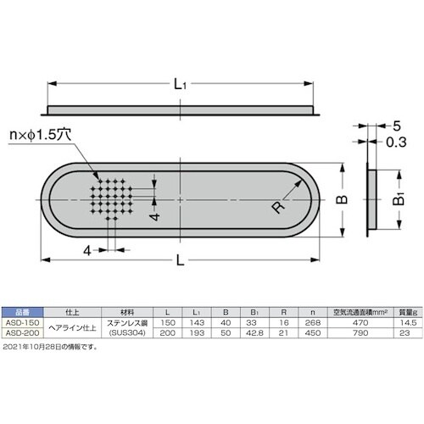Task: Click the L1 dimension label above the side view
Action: point(180,84)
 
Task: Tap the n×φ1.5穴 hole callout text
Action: point(40,135)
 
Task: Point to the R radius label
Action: point(278,207)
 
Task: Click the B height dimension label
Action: point(343,199)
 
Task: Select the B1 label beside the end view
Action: point(399,198)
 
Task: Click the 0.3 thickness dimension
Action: point(396,142)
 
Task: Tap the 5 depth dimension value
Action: point(397,126)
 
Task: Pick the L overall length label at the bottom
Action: point(181,260)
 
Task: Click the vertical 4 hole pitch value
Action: point(154,216)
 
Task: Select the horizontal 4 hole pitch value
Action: point(87,250)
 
